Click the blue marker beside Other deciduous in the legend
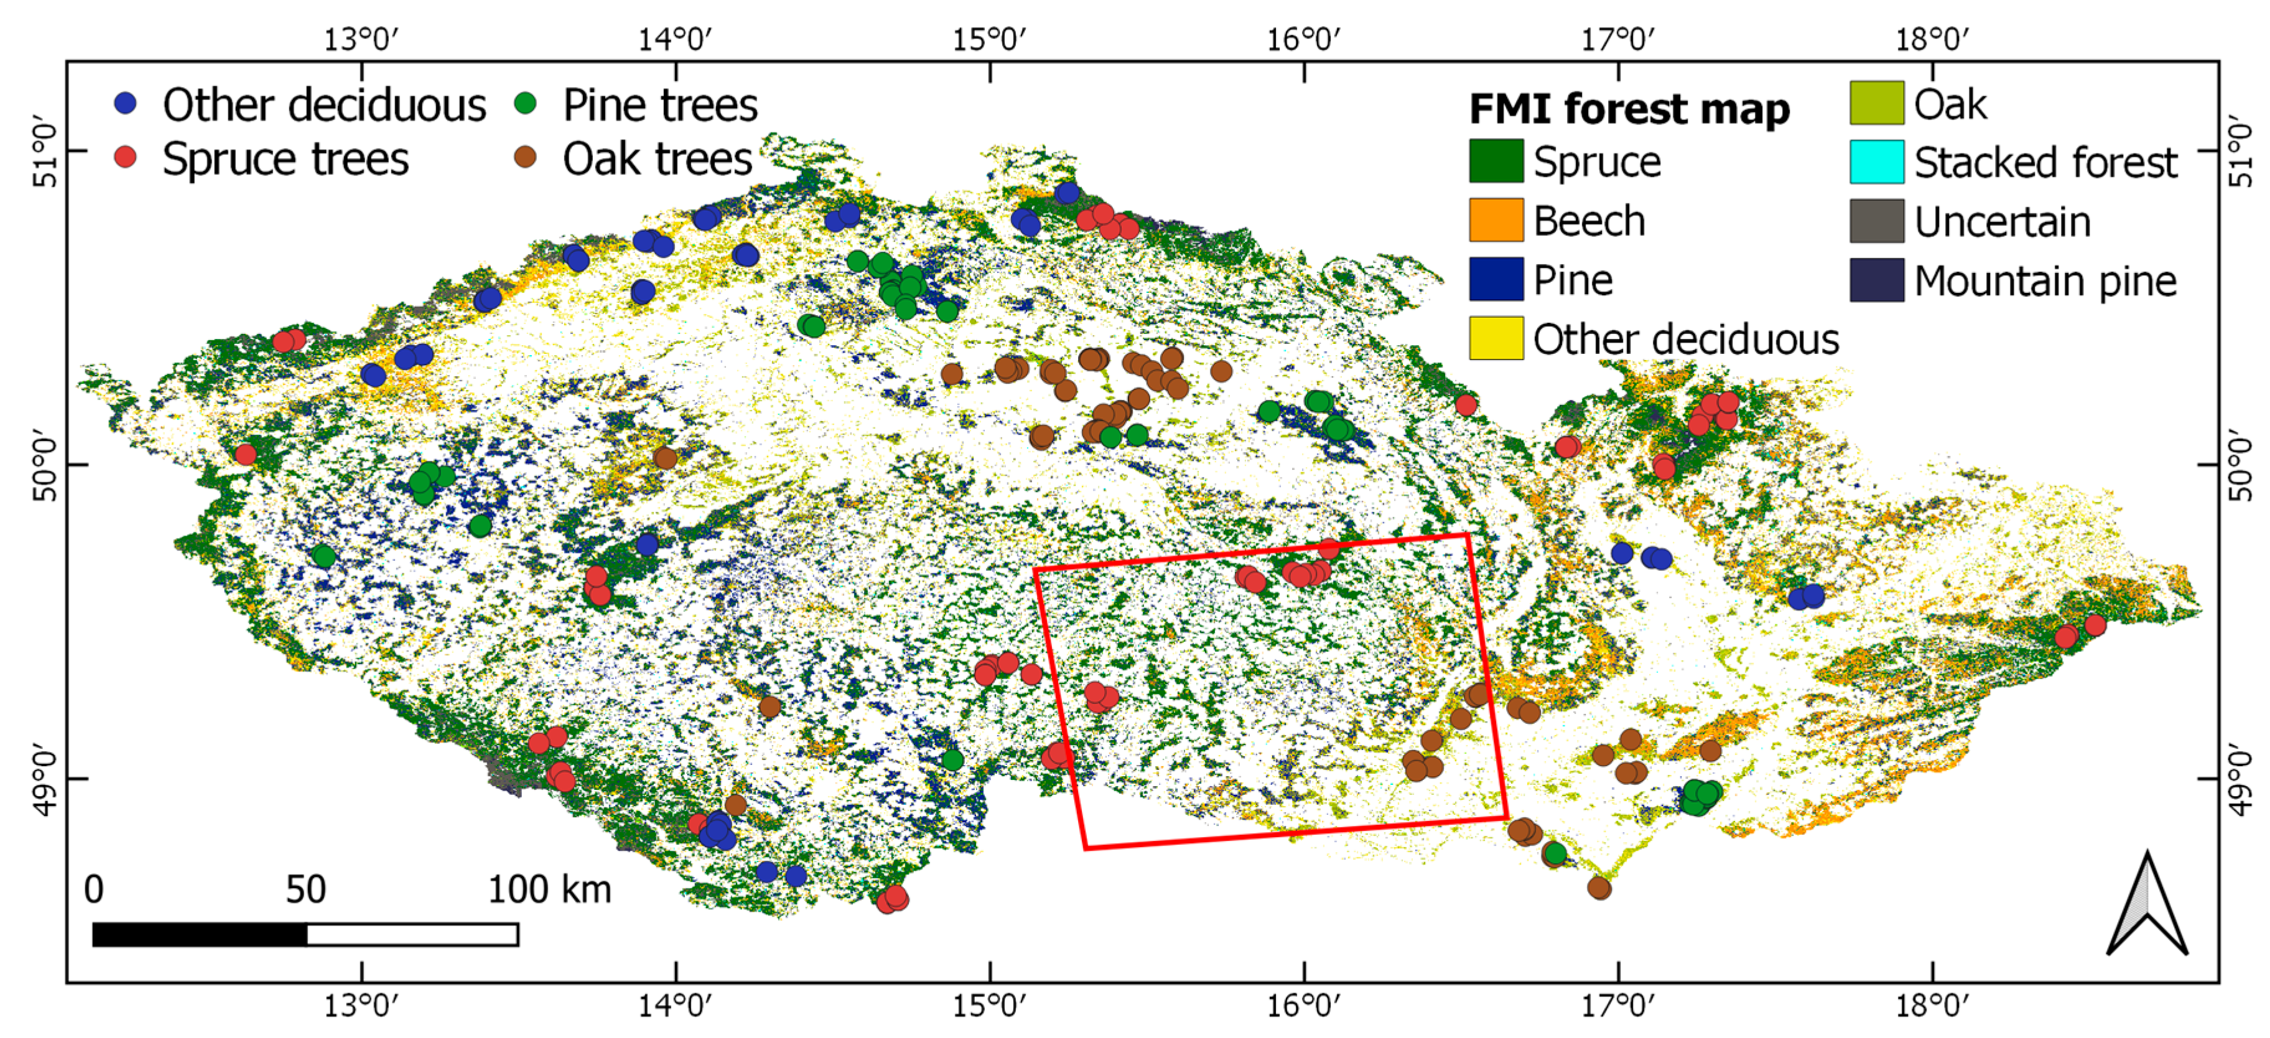126,103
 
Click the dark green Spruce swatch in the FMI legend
1496,161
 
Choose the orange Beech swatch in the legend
1496,220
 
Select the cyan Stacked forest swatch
1876,161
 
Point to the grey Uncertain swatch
1876,220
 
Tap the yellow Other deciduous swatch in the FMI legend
1496,338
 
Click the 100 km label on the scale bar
549,889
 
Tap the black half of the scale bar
200,934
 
